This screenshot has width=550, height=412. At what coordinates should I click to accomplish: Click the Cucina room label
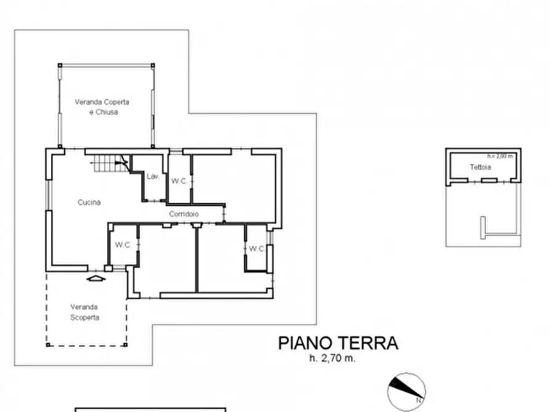pyautogui.click(x=89, y=202)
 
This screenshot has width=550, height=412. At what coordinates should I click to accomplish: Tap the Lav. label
pyautogui.click(x=153, y=177)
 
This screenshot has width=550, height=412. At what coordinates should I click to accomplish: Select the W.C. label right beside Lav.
pyautogui.click(x=179, y=181)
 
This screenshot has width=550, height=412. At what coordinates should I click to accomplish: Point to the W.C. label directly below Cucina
pyautogui.click(x=123, y=245)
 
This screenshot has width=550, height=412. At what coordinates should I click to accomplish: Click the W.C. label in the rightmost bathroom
pyautogui.click(x=256, y=249)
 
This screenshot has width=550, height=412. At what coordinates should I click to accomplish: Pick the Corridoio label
pyautogui.click(x=184, y=214)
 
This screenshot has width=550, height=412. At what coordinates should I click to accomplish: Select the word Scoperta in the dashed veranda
pyautogui.click(x=84, y=318)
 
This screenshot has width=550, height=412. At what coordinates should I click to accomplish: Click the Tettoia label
pyautogui.click(x=480, y=167)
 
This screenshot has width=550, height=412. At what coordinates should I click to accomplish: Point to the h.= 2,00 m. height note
pyautogui.click(x=500, y=156)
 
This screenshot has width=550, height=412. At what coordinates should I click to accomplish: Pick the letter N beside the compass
pyautogui.click(x=418, y=400)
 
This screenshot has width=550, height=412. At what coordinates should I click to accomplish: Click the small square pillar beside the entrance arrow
pyautogui.click(x=108, y=269)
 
